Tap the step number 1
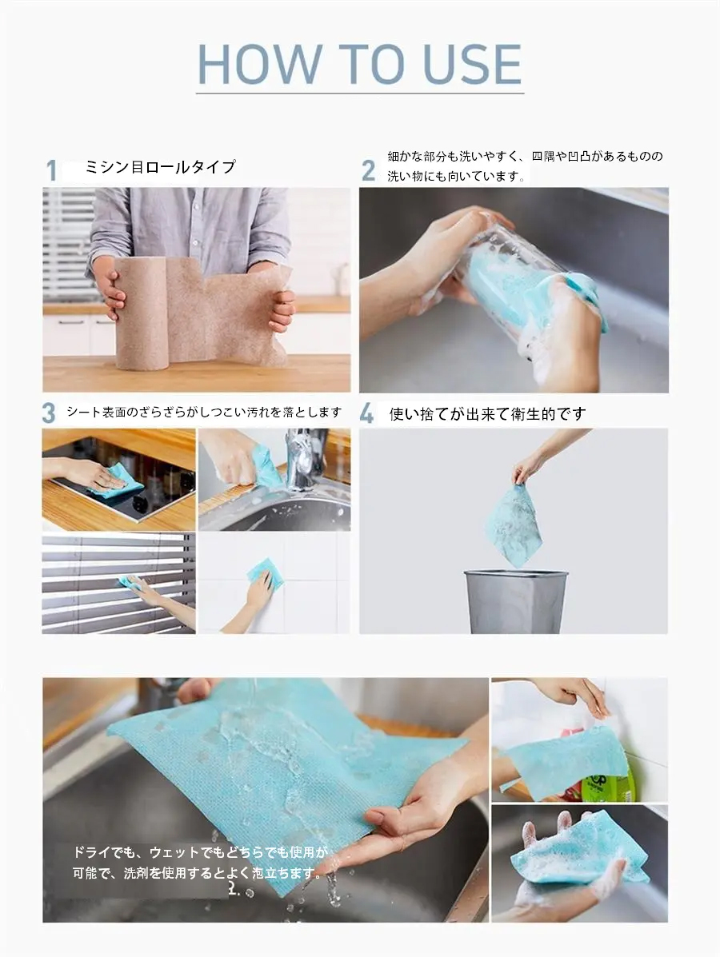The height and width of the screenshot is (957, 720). pos(52,170)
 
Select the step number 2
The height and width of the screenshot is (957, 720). pos(368,171)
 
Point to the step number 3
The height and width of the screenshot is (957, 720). pos(49,413)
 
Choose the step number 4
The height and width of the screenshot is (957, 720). pos(366,414)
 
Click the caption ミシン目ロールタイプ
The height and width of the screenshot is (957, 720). pos(160,166)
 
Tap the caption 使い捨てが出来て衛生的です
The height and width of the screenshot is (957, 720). pos(487,414)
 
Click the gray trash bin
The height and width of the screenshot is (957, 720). pos(515,601)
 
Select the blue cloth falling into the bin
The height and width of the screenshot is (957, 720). pos(515,524)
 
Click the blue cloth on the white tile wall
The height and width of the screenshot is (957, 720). pos(266,574)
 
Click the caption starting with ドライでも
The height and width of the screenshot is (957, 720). pos(200,863)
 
